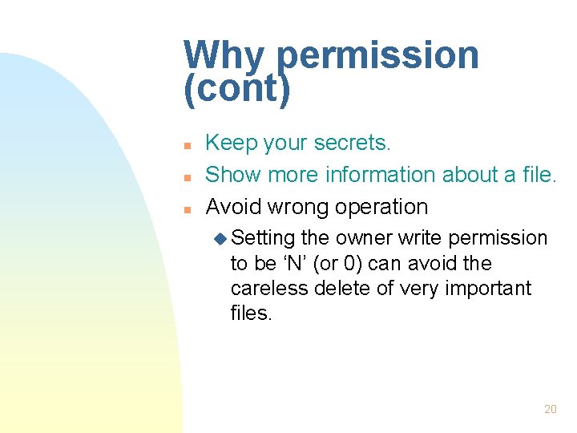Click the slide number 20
tap(550, 409)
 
